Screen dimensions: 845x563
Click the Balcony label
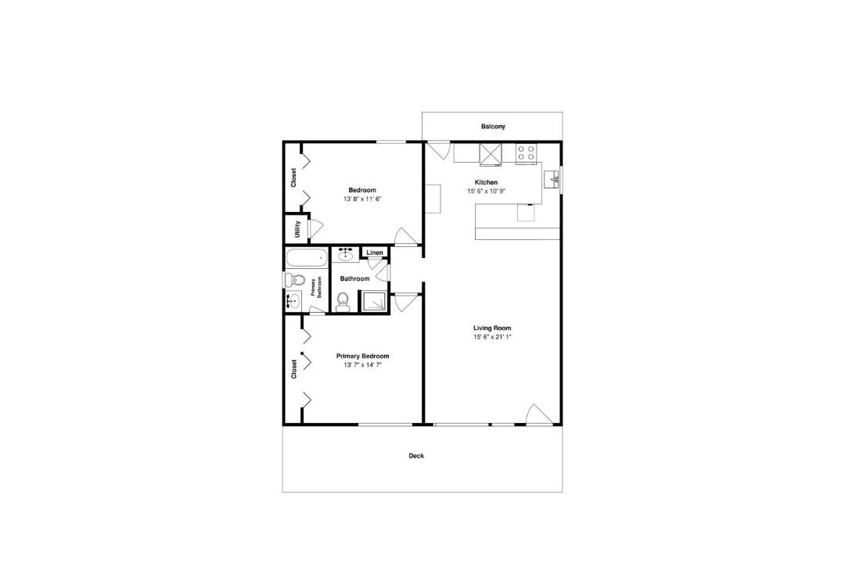click(493, 127)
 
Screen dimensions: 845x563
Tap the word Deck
click(416, 456)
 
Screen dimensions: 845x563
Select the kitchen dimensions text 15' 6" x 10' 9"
click(486, 192)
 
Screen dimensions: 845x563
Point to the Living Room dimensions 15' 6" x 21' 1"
click(492, 337)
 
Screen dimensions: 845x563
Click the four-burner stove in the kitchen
click(526, 153)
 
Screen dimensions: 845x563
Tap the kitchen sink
click(552, 179)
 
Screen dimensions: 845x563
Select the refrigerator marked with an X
click(491, 153)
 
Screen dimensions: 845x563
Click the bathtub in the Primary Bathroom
click(307, 257)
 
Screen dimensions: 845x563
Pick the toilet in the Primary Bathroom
click(294, 280)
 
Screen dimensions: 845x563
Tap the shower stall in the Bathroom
click(373, 301)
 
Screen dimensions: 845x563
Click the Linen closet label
click(375, 253)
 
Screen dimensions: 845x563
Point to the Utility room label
click(297, 230)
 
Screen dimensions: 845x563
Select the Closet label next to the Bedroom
click(293, 178)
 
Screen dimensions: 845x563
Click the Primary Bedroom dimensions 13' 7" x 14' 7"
click(363, 365)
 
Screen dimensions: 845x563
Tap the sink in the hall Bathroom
click(345, 254)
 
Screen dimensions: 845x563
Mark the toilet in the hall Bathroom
click(343, 303)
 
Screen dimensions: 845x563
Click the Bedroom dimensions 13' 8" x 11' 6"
click(362, 199)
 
